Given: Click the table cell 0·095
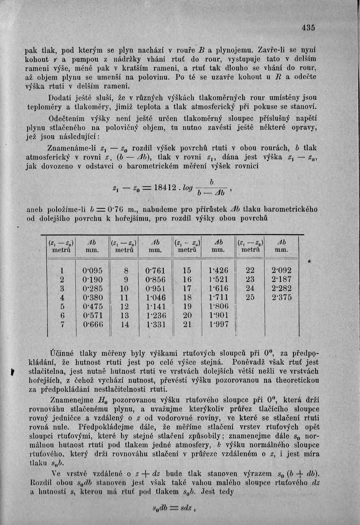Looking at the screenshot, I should [93, 270].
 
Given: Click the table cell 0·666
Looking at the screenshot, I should [93, 325].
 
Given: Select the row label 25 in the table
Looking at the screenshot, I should [250, 297].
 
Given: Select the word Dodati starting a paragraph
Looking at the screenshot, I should [61, 98].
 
